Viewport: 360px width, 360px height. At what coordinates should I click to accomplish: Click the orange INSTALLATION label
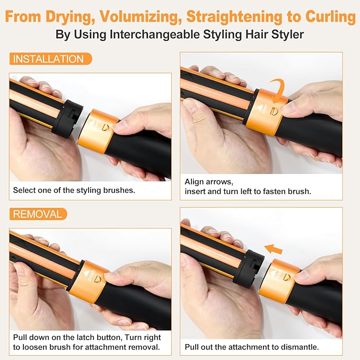[48, 59]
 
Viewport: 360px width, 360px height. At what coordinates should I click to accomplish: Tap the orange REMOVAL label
[38, 214]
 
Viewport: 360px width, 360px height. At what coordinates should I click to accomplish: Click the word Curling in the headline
[330, 16]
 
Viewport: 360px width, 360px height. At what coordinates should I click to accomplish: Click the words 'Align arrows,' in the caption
[208, 181]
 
